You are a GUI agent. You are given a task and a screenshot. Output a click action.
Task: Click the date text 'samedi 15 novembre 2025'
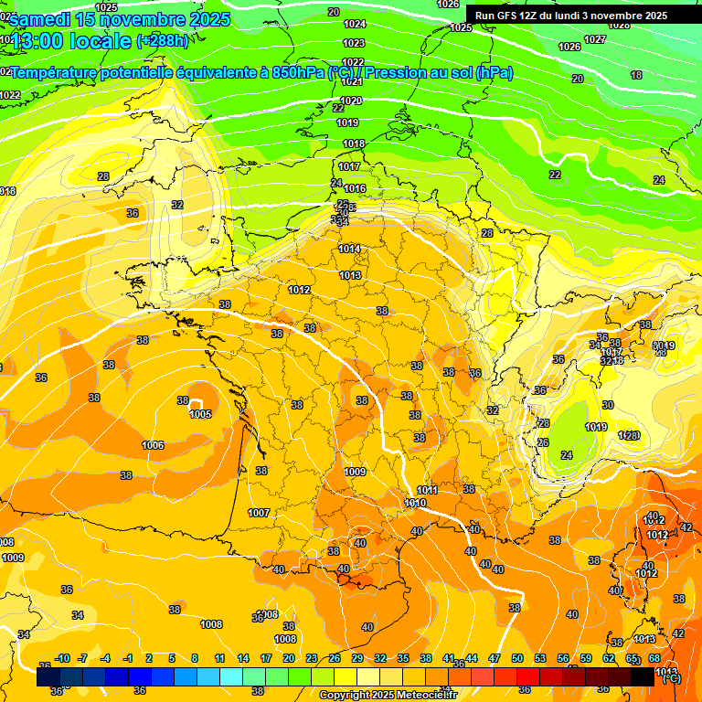click(120, 19)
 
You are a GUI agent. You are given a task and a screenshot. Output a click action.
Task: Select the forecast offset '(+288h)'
click(163, 41)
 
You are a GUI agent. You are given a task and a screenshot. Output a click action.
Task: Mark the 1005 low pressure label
click(200, 414)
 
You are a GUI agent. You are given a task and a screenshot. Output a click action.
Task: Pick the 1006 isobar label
click(153, 445)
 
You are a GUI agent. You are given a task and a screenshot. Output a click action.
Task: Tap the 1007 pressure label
click(259, 513)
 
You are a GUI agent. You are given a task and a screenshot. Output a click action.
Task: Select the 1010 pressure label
click(415, 503)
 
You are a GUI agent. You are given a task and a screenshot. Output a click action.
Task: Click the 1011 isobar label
click(428, 490)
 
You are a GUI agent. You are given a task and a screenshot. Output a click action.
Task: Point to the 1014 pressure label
click(349, 249)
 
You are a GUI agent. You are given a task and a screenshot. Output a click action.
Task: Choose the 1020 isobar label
click(351, 101)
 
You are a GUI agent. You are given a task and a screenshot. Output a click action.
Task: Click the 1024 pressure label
click(355, 24)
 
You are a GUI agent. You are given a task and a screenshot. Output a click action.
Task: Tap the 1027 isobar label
click(595, 39)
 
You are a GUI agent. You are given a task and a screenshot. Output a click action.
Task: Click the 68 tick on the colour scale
click(654, 658)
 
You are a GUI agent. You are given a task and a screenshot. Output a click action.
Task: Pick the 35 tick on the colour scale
click(403, 658)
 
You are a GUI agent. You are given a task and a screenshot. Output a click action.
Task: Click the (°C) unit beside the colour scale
click(670, 678)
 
